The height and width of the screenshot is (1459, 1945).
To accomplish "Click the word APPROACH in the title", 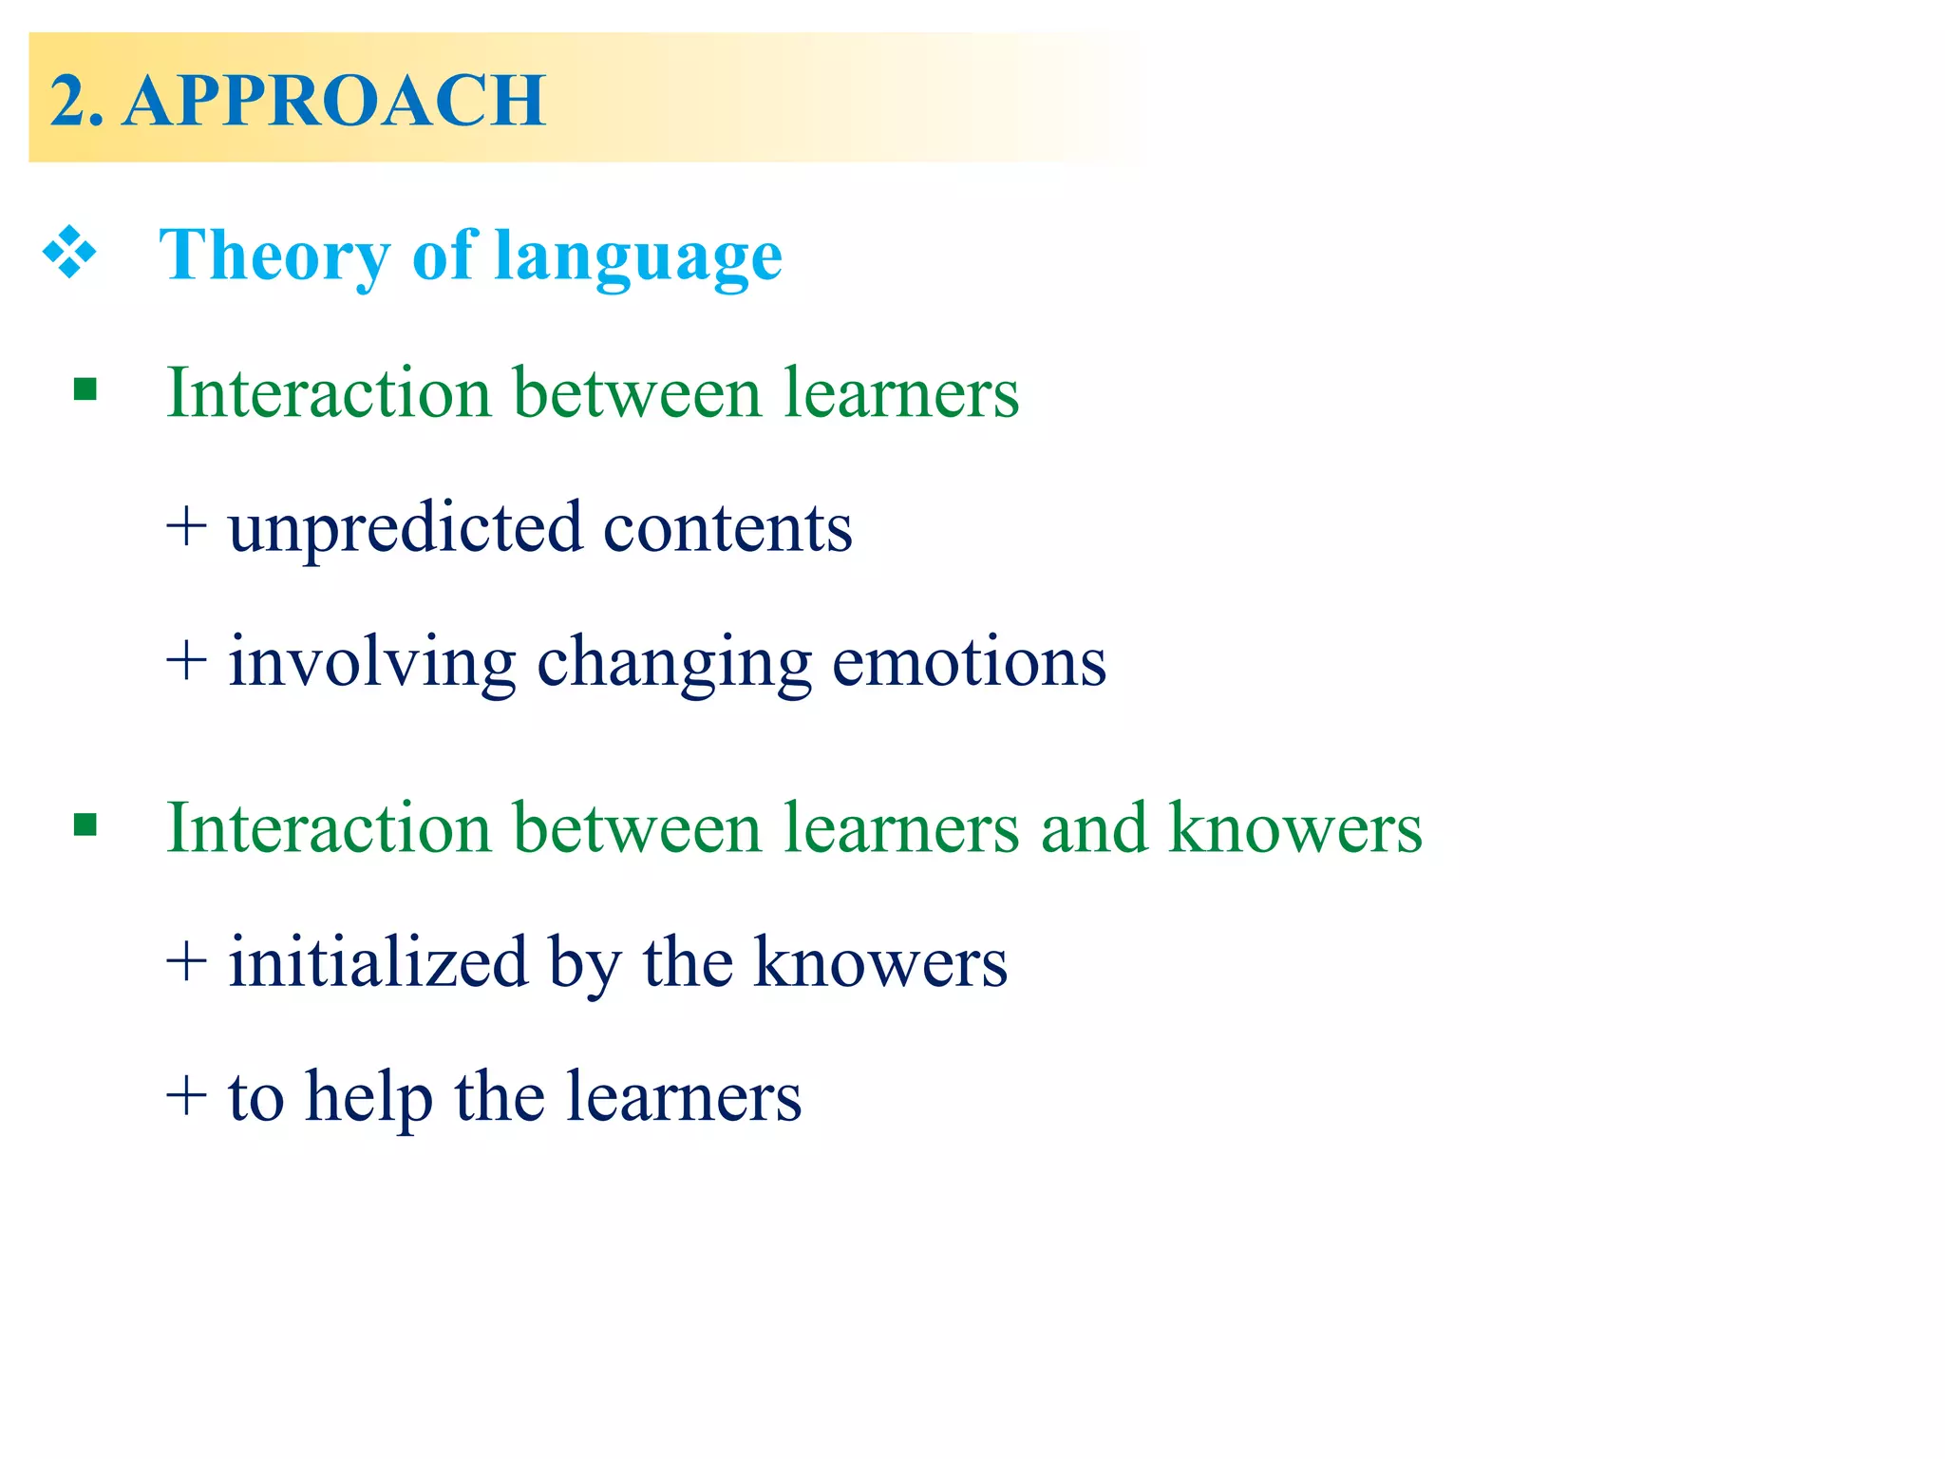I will click(334, 101).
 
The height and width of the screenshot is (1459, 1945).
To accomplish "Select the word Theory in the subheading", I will click(274, 256).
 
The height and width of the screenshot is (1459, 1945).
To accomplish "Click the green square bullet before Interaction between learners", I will click(85, 389).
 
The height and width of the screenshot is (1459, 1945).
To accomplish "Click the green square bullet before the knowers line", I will click(85, 824).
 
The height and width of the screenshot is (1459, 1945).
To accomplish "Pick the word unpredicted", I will click(405, 528).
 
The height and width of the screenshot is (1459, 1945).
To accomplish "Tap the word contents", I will click(727, 528).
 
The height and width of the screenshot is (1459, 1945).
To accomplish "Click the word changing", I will click(674, 663).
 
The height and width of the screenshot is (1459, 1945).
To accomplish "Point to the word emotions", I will click(969, 663).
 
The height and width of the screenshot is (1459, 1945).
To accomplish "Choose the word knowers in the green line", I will click(1294, 828).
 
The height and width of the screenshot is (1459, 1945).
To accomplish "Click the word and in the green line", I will click(1094, 828).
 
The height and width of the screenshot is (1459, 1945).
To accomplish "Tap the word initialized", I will click(378, 963).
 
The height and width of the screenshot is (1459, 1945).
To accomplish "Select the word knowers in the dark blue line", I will click(880, 963).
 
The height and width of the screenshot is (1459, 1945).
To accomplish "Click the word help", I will click(368, 1098).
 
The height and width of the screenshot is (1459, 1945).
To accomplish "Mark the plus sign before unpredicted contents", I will click(186, 528).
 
